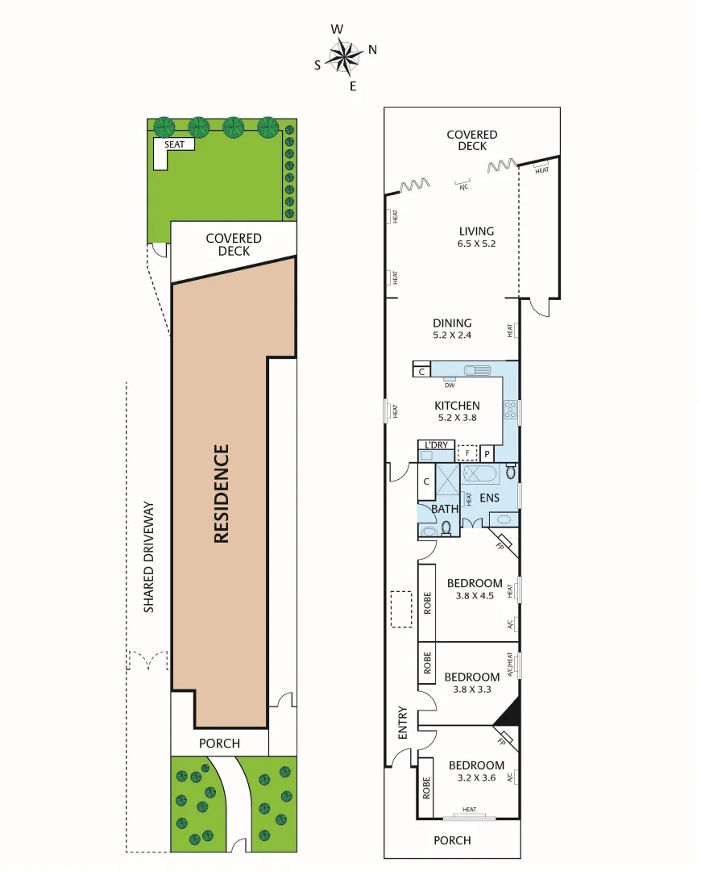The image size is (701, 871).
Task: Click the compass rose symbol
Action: pos(345,56)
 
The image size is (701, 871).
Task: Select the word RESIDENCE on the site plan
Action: pos(222,494)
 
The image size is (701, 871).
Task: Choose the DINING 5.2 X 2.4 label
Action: pos(452,329)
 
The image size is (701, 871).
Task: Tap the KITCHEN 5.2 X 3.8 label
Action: pos(457,411)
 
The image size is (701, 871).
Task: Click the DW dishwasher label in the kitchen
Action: pos(450,385)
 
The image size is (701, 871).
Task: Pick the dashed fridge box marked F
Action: pos(468,452)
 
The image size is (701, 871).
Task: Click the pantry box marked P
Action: pos(487,454)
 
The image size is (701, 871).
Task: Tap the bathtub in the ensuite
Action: pos(482,473)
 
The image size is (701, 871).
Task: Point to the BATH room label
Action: pos(444,509)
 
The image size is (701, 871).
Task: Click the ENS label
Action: pos(489,498)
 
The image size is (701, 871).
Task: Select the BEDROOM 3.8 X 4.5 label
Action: pos(475,590)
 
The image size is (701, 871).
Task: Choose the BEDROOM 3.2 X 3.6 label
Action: pos(476,772)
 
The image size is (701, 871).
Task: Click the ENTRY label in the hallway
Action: pos(403,723)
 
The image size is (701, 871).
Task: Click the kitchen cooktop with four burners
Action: pos(509,410)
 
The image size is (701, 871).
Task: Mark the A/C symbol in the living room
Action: pos(463,185)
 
